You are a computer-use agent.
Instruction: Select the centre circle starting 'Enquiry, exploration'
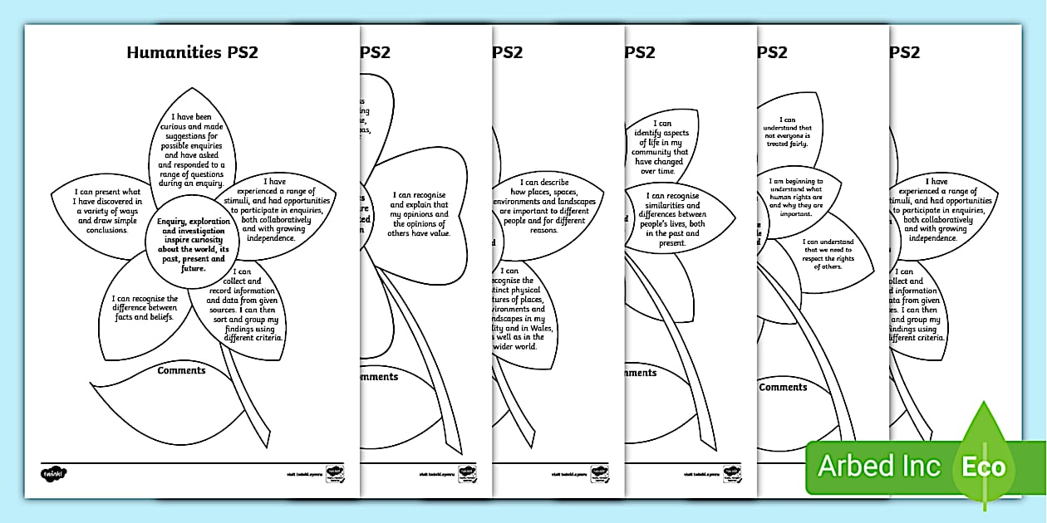pyautogui.click(x=192, y=240)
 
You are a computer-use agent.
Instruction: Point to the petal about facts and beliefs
pyautogui.click(x=145, y=308)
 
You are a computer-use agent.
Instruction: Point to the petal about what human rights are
pyautogui.click(x=795, y=197)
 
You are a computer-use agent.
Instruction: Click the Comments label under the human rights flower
pyautogui.click(x=783, y=388)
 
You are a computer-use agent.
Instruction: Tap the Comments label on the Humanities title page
pyautogui.click(x=181, y=370)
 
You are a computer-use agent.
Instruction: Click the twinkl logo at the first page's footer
pyautogui.click(x=53, y=474)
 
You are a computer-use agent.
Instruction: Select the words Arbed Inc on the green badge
pyautogui.click(x=879, y=466)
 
